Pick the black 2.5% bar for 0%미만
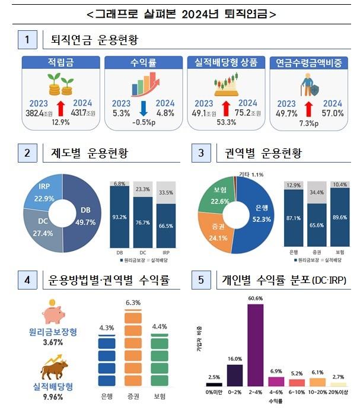coord(214,384)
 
